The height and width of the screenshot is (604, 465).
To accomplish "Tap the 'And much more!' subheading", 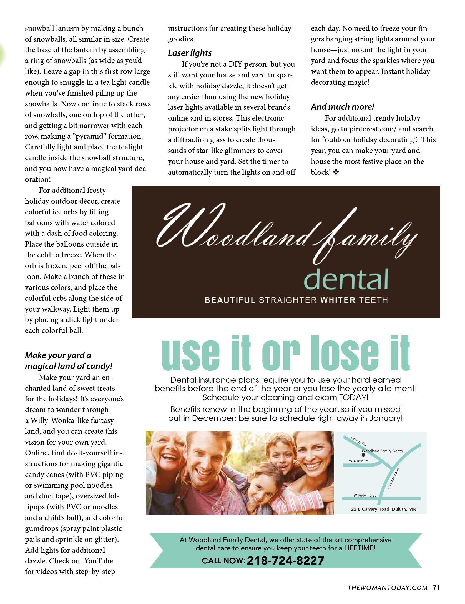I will pyautogui.click(x=342, y=107).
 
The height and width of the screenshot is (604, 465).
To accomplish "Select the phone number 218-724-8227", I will pyautogui.click(x=285, y=560).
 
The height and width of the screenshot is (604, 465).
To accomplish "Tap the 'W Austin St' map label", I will pyautogui.click(x=358, y=461).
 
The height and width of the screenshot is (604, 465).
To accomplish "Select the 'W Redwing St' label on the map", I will pyautogui.click(x=365, y=495).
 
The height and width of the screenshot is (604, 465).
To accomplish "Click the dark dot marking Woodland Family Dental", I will pyautogui.click(x=363, y=455).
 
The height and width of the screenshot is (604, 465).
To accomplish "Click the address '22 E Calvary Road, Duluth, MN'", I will pyautogui.click(x=383, y=509).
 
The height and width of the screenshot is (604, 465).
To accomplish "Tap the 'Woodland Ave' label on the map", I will pyautogui.click(x=392, y=479).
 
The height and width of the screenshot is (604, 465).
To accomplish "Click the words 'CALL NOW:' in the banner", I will pyautogui.click(x=223, y=561).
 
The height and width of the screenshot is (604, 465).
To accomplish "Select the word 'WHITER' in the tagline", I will pyautogui.click(x=338, y=300).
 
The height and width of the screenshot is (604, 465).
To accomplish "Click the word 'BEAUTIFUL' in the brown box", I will pyautogui.click(x=230, y=300).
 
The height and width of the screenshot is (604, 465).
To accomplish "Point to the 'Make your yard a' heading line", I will pyautogui.click(x=58, y=355).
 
